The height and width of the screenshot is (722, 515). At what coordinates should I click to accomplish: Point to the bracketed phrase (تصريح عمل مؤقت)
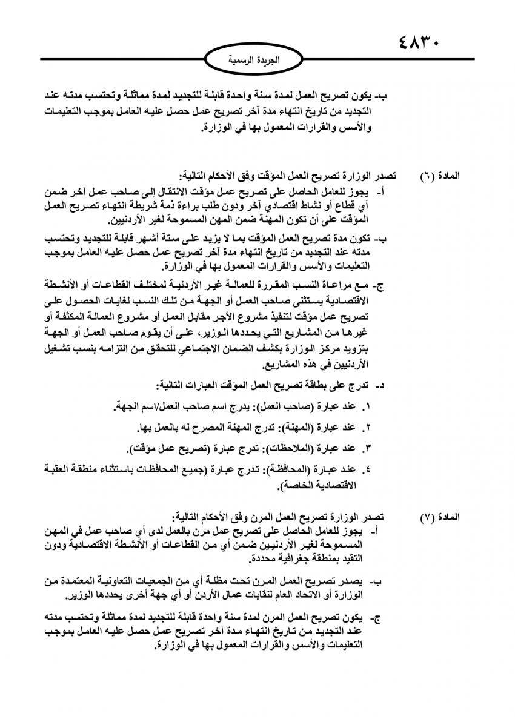pos(167,448)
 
